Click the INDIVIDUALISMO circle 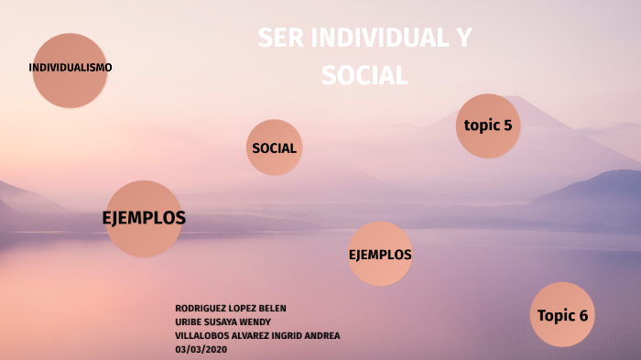pos(70,70)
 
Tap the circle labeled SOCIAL pos(274,147)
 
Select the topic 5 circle pos(488,126)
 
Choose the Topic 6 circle pos(562,315)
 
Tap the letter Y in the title pos(464,38)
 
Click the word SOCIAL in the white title pos(364,75)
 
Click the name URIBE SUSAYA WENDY pos(222,322)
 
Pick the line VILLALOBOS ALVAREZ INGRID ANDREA pos(256,335)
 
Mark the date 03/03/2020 pos(201,349)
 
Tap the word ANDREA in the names pos(323,335)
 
